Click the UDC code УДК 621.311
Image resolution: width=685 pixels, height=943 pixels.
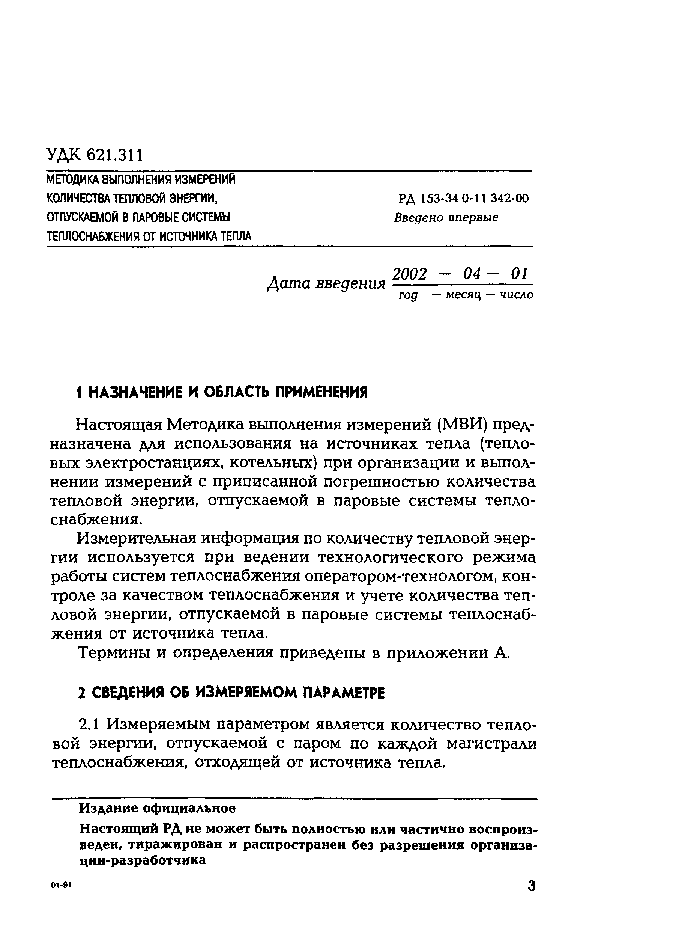95,155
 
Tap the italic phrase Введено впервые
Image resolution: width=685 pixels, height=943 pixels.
446,217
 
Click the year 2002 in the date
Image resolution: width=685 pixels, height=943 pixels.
410,274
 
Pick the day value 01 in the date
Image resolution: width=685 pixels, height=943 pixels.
519,274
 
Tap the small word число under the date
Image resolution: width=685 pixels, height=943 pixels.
516,295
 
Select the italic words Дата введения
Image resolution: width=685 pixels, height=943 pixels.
326,284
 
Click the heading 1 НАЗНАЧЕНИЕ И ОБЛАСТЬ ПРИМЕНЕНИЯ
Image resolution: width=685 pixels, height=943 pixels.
223,392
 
